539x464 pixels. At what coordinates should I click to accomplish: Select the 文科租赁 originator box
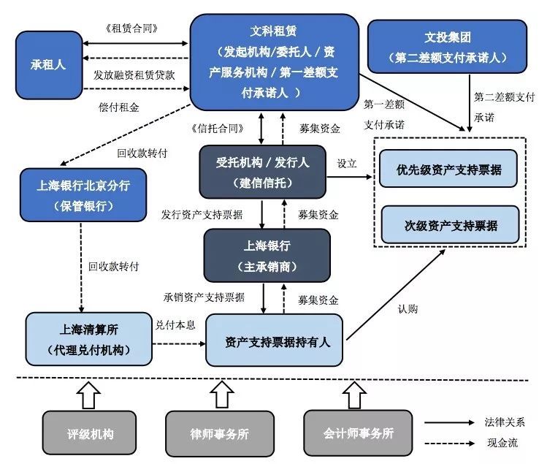click(x=274, y=62)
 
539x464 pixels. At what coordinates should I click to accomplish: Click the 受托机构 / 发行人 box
click(x=262, y=172)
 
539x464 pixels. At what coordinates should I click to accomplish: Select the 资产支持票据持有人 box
click(x=275, y=341)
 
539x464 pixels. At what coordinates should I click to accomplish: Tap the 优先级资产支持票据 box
click(x=448, y=170)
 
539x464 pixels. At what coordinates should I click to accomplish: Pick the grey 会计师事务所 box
click(x=358, y=433)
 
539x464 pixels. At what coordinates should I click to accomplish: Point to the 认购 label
click(x=409, y=308)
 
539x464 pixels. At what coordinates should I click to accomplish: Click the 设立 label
click(x=347, y=163)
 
